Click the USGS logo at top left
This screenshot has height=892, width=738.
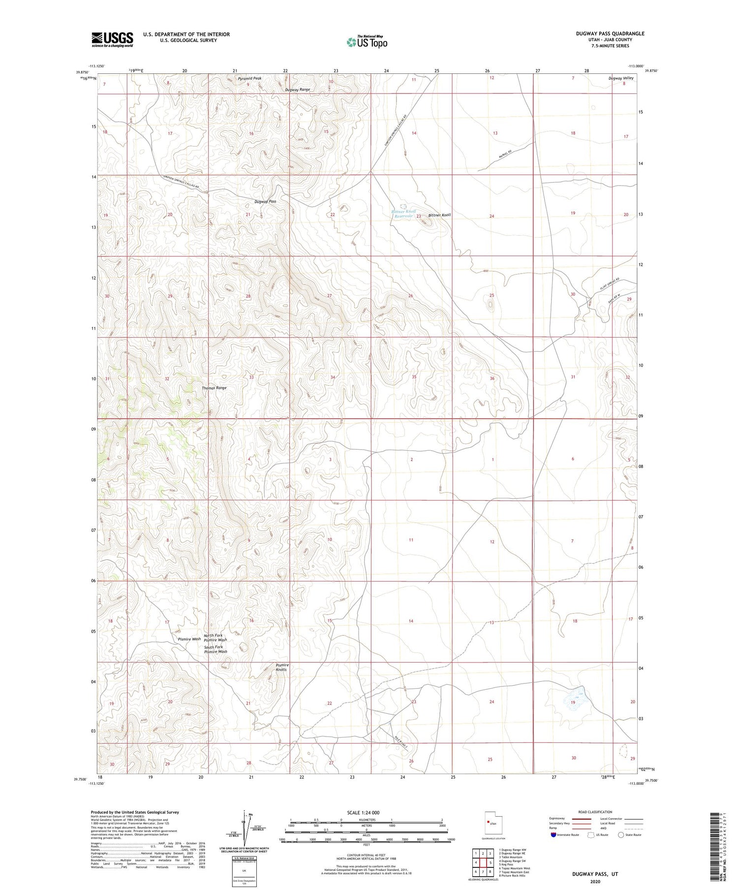coord(112,39)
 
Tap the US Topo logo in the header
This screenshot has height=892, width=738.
coord(367,42)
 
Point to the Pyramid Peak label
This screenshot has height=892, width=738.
coord(250,78)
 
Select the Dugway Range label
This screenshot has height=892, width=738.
coord(298,90)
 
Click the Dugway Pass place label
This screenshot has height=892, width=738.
coord(265,202)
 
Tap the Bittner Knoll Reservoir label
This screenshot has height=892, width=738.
coord(403,214)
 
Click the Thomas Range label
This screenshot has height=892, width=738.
coord(214,388)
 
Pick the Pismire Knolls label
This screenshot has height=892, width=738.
coord(282,667)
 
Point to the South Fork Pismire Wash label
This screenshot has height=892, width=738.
coord(215,649)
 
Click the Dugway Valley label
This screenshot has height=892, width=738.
coord(620,78)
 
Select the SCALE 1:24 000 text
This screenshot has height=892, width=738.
coord(366,812)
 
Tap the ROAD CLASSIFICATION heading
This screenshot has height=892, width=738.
coord(595,812)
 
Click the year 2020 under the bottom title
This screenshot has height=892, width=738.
coord(595,882)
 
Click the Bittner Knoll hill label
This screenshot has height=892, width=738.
coord(439,215)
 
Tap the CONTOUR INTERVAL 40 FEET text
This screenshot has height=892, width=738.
coord(367,856)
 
